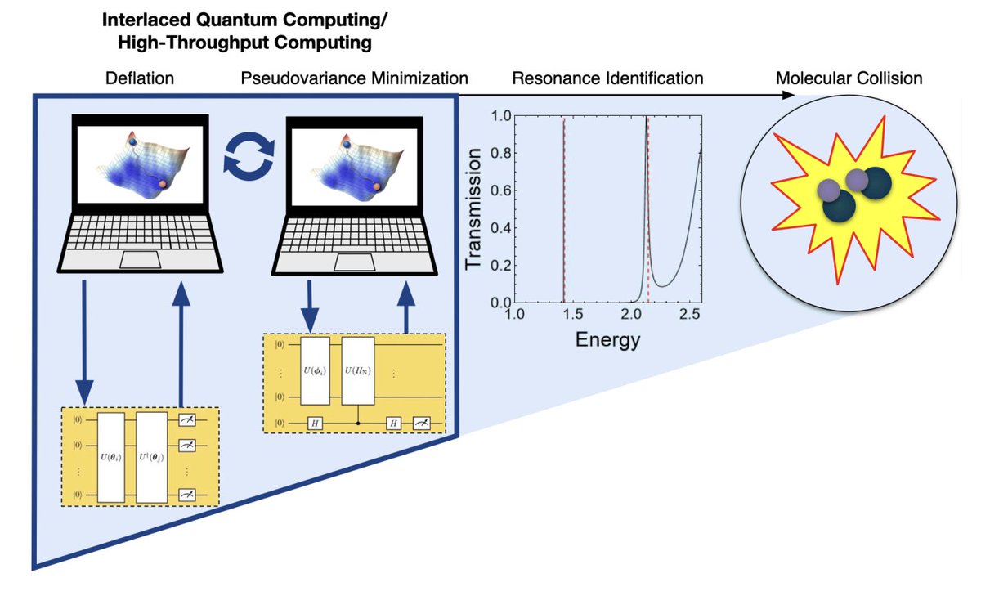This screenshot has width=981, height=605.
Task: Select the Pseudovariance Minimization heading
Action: [354, 78]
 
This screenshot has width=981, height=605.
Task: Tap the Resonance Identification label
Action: [607, 78]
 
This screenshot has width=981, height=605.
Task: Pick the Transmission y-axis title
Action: [474, 209]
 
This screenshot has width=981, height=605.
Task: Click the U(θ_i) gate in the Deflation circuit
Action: [110, 457]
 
